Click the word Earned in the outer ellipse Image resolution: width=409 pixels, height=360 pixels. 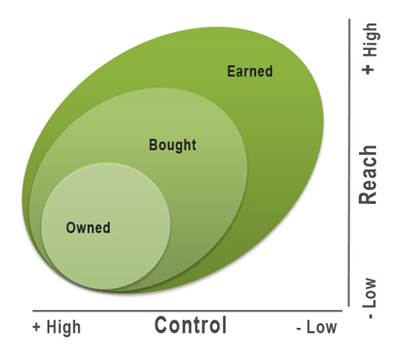(x=250, y=71)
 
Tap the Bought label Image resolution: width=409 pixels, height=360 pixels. (x=172, y=145)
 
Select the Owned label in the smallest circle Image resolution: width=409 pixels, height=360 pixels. (x=88, y=227)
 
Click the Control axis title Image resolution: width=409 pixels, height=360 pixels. (x=190, y=325)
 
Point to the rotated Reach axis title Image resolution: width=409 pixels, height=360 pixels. (x=368, y=174)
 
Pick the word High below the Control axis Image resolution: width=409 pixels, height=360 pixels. (x=63, y=327)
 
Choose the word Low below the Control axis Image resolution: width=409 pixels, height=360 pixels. (x=322, y=327)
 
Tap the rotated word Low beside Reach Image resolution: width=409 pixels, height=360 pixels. (x=370, y=293)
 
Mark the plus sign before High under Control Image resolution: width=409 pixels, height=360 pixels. (x=36, y=327)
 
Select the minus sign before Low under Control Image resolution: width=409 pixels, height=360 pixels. (x=299, y=329)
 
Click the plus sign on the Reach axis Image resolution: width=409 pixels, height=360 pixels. (x=368, y=70)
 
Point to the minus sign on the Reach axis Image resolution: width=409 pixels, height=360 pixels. (x=371, y=316)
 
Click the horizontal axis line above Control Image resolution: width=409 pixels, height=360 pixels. (x=187, y=311)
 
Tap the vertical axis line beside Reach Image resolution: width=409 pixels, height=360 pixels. (x=349, y=162)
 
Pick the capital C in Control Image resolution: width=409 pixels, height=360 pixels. (x=161, y=325)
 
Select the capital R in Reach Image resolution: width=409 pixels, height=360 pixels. (x=368, y=198)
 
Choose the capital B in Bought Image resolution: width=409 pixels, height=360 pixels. (x=153, y=145)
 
